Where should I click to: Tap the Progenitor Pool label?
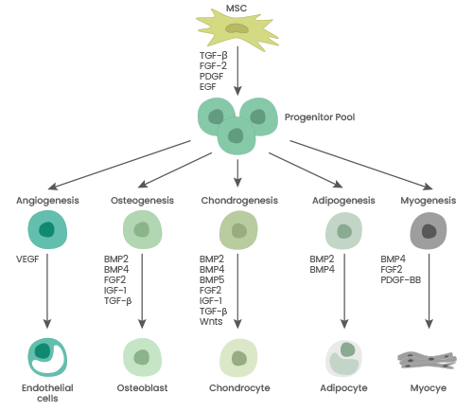click(x=319, y=118)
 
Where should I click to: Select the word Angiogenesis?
click(x=47, y=201)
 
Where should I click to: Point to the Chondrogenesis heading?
click(x=237, y=201)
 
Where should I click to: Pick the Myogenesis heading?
click(x=429, y=201)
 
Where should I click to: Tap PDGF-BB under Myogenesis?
click(x=401, y=279)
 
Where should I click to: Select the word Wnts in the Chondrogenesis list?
click(x=211, y=321)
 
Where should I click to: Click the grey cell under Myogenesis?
click(x=429, y=231)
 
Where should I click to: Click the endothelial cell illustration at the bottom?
click(x=47, y=357)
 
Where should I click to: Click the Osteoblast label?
click(x=142, y=388)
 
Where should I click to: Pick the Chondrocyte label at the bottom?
click(x=237, y=388)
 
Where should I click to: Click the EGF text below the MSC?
click(x=208, y=86)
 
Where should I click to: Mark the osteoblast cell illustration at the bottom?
click(x=142, y=358)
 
